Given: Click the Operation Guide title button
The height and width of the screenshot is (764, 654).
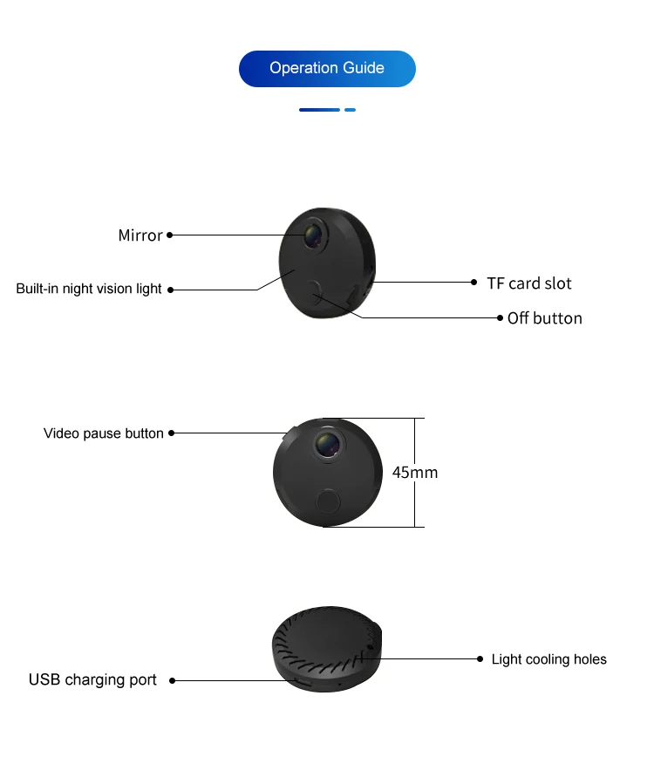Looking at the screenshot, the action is [x=327, y=68].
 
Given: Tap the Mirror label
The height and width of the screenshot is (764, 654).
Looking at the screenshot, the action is [x=140, y=235].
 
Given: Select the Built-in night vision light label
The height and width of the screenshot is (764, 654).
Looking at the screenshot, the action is [x=89, y=289].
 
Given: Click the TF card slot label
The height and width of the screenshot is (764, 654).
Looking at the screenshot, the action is [x=529, y=283].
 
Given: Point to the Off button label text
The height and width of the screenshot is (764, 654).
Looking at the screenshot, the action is [x=545, y=318].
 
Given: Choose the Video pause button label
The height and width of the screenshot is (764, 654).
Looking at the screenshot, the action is [x=104, y=433].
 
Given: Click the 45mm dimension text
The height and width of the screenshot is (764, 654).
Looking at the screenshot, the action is [x=415, y=473].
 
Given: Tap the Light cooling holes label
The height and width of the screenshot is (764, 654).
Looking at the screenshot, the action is [x=548, y=659].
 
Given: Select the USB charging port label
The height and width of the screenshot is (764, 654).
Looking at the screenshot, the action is [x=92, y=679].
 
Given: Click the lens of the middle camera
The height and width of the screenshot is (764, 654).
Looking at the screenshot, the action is [x=328, y=443].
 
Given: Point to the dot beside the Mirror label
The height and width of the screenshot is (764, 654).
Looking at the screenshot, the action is [x=170, y=235].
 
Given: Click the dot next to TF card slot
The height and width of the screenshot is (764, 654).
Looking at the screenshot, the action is [x=475, y=282].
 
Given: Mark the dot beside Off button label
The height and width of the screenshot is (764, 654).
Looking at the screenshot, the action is [x=500, y=317].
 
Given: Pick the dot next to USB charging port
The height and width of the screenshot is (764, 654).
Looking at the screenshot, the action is [x=172, y=680].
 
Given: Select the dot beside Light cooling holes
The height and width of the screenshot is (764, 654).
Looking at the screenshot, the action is [x=480, y=658].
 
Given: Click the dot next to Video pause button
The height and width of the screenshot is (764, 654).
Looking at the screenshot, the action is [x=172, y=433].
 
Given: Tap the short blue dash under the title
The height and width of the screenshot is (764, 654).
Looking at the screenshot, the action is [x=350, y=110].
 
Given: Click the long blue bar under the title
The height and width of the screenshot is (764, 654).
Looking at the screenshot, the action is [x=319, y=110].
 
